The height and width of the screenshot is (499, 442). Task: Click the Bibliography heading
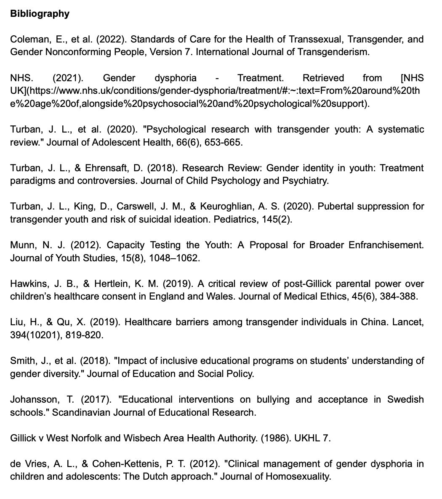[40, 14]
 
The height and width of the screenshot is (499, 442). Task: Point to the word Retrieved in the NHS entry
[323, 78]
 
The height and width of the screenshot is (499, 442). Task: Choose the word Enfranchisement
[386, 245]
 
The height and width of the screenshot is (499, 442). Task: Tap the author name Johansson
[32, 399]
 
